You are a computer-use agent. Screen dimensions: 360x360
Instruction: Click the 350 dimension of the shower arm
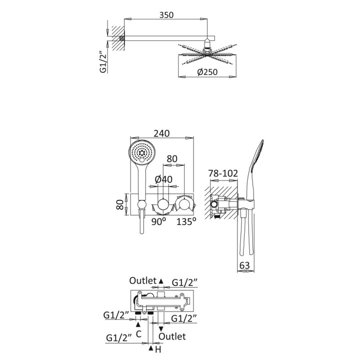(x=166, y=15)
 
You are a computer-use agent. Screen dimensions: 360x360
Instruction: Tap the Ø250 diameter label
(x=207, y=72)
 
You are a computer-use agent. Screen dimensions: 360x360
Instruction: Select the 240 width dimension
(x=161, y=133)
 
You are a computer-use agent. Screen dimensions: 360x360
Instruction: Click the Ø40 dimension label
(x=163, y=179)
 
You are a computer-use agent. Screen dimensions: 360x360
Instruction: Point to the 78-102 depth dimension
(x=223, y=173)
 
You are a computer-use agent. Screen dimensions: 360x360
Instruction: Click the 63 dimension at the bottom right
(x=244, y=265)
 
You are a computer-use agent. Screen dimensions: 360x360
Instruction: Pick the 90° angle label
(x=158, y=221)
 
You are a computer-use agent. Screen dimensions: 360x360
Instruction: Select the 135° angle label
(x=186, y=221)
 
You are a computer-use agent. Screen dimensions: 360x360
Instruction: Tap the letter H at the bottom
(x=158, y=349)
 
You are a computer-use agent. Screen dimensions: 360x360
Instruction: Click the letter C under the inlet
(x=138, y=334)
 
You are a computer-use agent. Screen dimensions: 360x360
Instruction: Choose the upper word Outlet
(x=143, y=280)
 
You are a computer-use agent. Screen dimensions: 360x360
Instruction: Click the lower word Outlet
(x=172, y=336)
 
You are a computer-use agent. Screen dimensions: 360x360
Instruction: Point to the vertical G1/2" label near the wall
(x=103, y=62)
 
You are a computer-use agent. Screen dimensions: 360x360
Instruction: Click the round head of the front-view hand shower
(x=142, y=152)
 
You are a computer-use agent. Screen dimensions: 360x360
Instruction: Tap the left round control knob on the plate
(x=163, y=204)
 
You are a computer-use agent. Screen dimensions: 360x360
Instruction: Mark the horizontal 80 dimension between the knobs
(x=172, y=159)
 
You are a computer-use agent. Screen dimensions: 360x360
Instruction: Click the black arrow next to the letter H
(x=151, y=348)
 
